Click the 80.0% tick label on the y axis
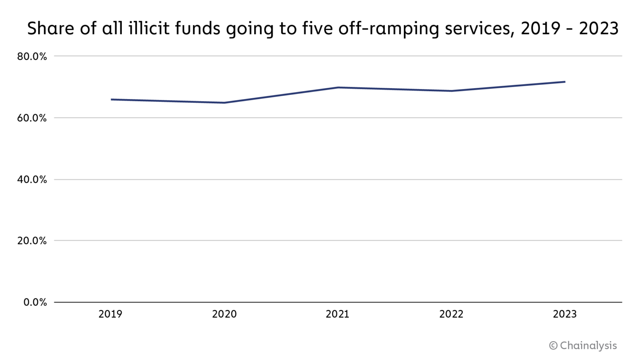coord(32,56)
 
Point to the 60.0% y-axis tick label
coord(32,118)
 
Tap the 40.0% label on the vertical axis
coord(32,180)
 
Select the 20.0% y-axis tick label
coord(32,241)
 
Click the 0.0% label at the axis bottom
coord(35,303)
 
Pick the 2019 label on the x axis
coord(110,314)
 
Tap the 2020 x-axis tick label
coord(224,314)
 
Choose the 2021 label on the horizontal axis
coord(337,314)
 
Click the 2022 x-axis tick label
coord(451,314)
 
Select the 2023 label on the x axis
coord(565,314)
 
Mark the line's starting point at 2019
coord(111,99)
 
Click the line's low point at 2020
coord(224,103)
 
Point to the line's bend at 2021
coord(338,87)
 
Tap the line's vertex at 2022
coord(451,91)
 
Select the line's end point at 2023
coord(565,82)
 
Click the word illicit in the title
coord(149,28)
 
